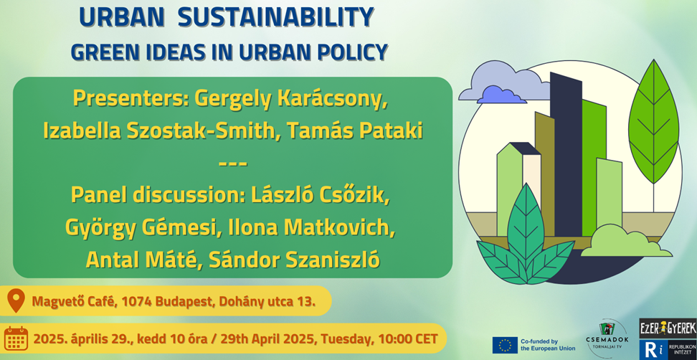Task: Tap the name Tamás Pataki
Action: tap(354, 131)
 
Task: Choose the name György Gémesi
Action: tap(143, 227)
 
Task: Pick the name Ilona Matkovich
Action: tap(311, 227)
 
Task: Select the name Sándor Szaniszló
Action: tap(295, 260)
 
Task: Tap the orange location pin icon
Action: tap(16, 300)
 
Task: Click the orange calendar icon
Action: tap(16, 338)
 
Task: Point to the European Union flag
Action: tap(505, 345)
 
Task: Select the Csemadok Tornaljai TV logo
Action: tap(607, 338)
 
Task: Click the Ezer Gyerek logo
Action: tap(667, 328)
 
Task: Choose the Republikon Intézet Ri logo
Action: tap(667, 350)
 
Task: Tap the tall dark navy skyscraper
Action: tap(566, 156)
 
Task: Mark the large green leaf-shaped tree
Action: tap(653, 122)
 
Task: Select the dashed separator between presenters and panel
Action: tap(233, 164)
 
